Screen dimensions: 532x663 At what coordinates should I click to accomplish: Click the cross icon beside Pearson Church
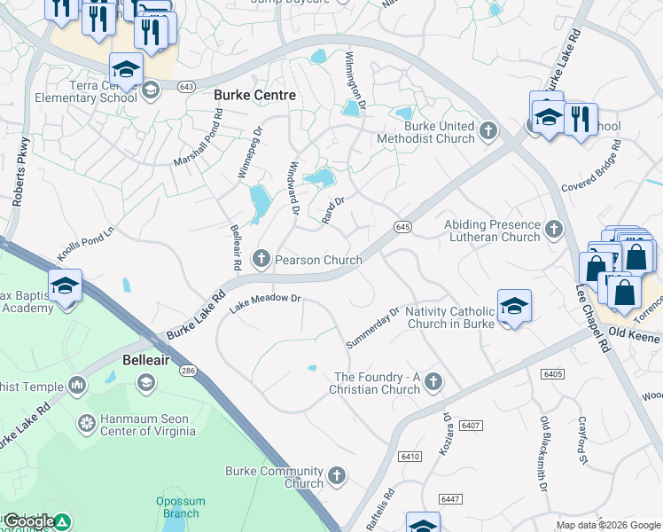[x=261, y=258]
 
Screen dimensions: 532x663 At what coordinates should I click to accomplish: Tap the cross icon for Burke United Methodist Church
[x=487, y=132]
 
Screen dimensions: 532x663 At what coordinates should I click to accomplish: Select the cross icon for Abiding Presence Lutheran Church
[x=554, y=230]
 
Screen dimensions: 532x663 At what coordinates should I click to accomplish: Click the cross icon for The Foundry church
[x=433, y=382]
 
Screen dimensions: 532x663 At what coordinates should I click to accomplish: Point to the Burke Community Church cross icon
[x=336, y=476]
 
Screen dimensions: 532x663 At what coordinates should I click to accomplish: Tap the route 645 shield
[x=402, y=227]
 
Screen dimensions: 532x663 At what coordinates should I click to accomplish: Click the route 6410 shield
[x=409, y=456]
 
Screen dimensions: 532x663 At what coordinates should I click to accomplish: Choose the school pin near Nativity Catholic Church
[x=514, y=306]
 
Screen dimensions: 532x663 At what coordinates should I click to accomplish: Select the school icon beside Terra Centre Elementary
[x=150, y=89]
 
